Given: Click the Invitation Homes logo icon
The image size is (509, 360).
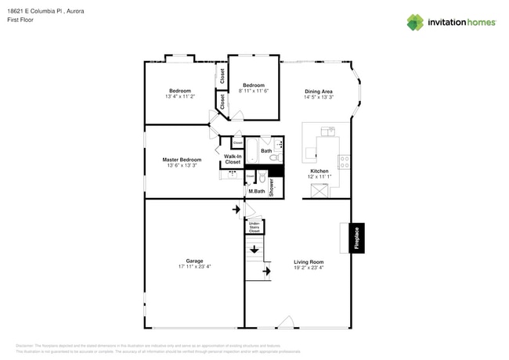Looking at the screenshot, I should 415,22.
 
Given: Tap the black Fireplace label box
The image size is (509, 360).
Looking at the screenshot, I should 356,238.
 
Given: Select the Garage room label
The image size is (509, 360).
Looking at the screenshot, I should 194,261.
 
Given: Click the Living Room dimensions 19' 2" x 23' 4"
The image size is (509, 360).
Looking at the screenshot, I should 309,267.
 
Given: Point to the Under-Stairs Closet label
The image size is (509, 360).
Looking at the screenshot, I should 254,227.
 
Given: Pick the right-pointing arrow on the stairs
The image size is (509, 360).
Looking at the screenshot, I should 266,272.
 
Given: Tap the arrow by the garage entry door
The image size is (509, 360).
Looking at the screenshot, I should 236,210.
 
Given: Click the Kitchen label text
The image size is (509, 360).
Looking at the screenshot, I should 319,171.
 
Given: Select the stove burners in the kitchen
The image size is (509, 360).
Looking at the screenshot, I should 344,162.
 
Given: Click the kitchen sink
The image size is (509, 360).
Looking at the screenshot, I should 328,131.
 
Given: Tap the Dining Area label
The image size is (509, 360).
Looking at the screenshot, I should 319,91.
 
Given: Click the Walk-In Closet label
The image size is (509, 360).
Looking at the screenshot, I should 233,159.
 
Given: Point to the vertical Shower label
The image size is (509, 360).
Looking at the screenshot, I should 272,186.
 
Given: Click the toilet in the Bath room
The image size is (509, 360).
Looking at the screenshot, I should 274,157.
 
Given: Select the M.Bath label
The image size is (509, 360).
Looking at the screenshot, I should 256,191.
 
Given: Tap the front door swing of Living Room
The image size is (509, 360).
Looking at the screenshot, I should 287,322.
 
